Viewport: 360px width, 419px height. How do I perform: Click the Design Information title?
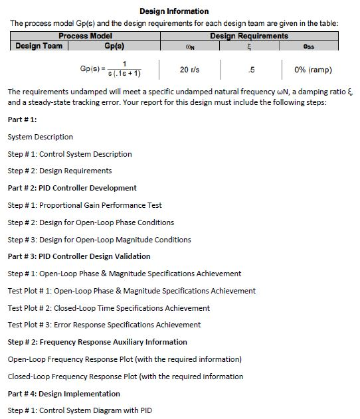pyautogui.click(x=174, y=11)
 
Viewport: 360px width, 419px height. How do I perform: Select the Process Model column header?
pyautogui.click(x=85, y=36)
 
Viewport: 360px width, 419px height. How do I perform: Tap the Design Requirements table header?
pyautogui.click(x=249, y=36)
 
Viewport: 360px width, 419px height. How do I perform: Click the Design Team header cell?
pyautogui.click(x=39, y=46)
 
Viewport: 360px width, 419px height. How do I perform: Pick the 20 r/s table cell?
pyautogui.click(x=193, y=70)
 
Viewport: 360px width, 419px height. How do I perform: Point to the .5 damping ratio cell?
pyautogui.click(x=250, y=70)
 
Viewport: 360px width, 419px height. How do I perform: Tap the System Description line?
pyautogui.click(x=41, y=137)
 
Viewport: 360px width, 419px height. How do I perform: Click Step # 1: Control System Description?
pyautogui.click(x=70, y=154)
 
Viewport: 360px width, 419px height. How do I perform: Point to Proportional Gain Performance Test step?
pyautogui.click(x=85, y=205)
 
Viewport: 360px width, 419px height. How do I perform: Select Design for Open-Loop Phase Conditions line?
pyautogui.click(x=91, y=222)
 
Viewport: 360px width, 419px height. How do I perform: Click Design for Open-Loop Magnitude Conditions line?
pyautogui.click(x=99, y=240)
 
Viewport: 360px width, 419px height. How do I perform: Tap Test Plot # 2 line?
pyautogui.click(x=109, y=308)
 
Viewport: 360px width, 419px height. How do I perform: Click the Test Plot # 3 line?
pyautogui.click(x=104, y=325)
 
